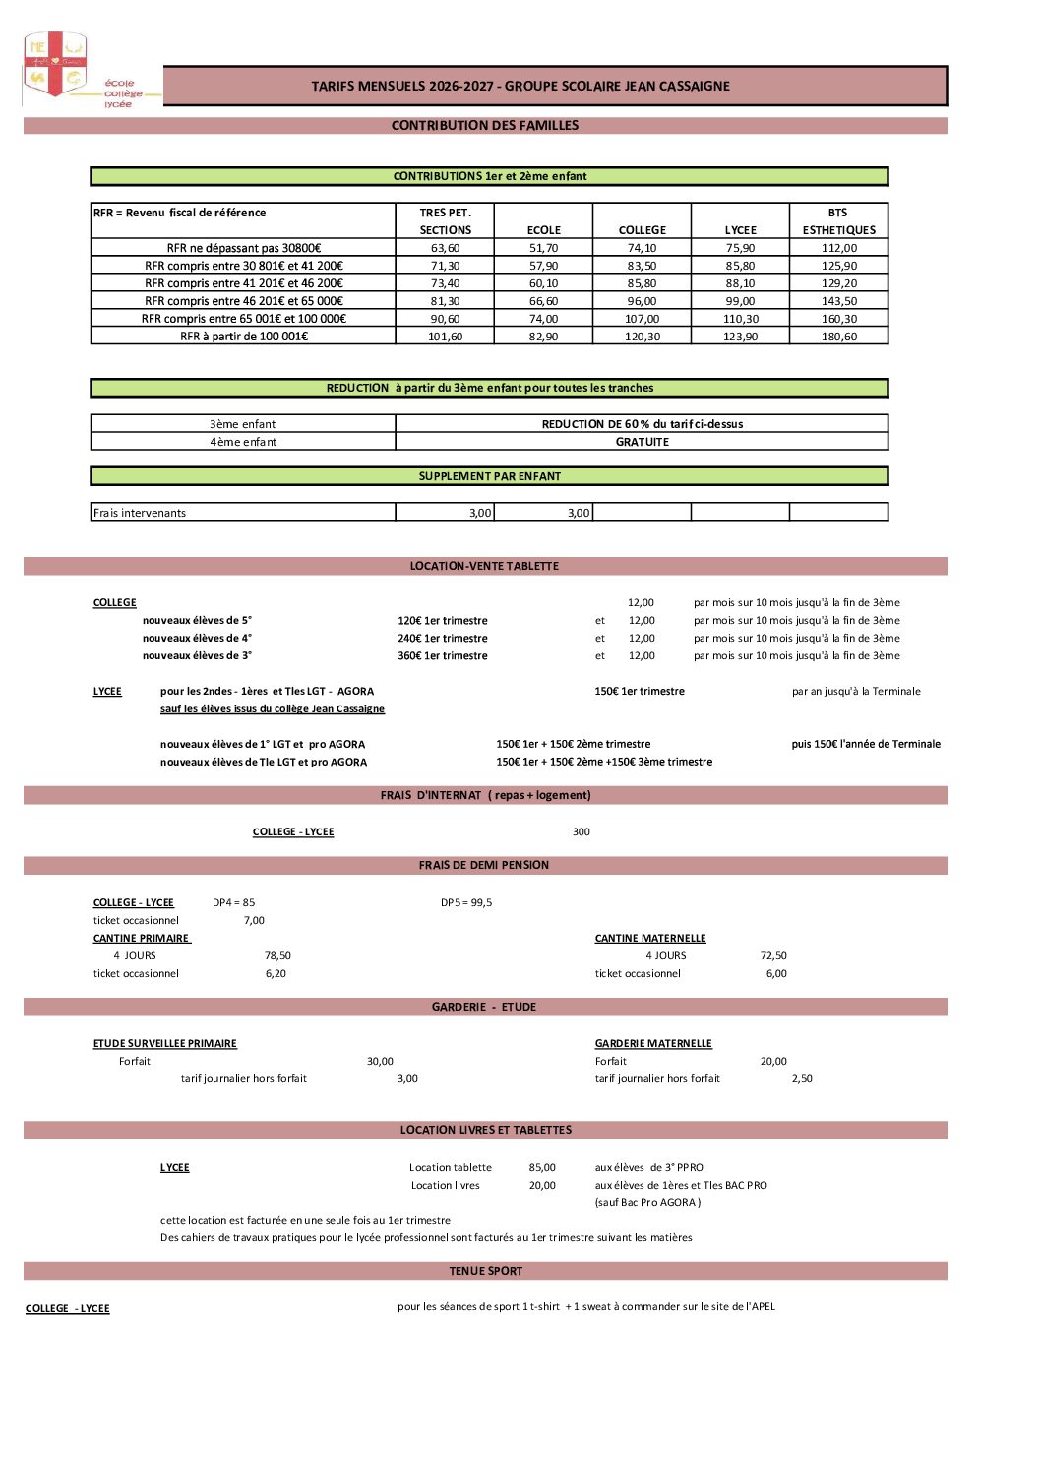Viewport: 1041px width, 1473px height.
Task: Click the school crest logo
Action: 55,65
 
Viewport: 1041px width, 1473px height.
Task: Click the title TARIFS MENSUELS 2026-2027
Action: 520,87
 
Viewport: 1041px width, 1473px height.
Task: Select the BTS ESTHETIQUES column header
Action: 838,221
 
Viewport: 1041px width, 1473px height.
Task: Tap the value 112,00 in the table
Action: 839,249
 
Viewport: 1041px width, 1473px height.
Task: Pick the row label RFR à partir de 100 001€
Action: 244,337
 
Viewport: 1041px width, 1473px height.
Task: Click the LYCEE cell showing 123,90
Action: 741,337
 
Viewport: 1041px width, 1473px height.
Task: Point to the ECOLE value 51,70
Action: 543,249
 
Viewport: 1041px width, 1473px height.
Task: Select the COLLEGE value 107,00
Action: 642,319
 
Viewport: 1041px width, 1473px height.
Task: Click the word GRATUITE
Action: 642,443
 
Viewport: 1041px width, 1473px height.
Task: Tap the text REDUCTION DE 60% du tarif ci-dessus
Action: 642,425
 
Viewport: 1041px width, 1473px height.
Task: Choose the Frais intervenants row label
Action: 140,513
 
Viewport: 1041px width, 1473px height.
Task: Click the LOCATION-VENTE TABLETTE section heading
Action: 484,567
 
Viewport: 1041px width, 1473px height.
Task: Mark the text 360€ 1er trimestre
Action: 443,656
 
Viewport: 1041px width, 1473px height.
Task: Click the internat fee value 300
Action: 582,832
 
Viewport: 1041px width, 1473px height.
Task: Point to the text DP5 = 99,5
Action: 466,903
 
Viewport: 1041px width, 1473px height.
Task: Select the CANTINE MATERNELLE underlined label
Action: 650,939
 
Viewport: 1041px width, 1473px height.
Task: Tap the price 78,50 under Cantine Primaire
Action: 277,956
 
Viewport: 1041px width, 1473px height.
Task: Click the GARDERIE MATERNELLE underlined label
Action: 653,1044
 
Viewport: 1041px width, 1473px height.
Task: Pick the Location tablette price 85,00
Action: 542,1168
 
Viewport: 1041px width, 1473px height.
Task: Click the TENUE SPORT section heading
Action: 486,1272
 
